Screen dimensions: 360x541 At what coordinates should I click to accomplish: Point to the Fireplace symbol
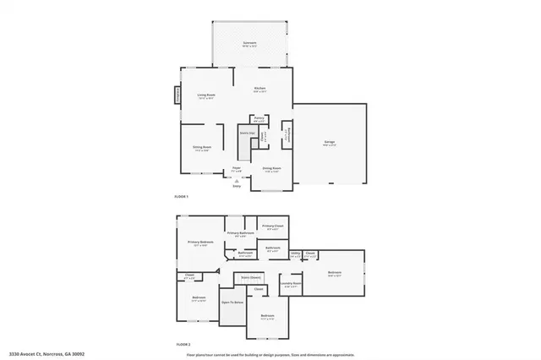click(x=178, y=94)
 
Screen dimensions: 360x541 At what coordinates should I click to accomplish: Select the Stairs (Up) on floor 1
click(x=248, y=133)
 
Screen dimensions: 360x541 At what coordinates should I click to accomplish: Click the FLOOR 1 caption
click(x=182, y=196)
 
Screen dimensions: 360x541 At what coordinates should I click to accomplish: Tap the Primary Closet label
click(x=272, y=226)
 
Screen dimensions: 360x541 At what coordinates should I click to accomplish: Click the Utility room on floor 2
click(x=296, y=253)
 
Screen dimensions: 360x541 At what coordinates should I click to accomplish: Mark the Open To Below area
click(x=232, y=302)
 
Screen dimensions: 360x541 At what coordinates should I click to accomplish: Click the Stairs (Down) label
click(x=250, y=276)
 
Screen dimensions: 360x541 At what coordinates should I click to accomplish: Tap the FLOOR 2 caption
click(x=183, y=345)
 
